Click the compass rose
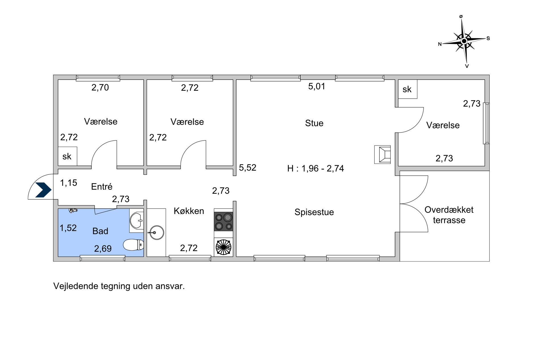(464, 41)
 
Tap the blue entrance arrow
(43, 190)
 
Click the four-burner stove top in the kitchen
(223, 222)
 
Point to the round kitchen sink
(156, 233)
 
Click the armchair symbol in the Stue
(383, 155)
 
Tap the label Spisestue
(314, 212)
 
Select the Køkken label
(189, 211)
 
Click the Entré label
(101, 186)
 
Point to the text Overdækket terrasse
(449, 215)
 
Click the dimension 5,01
(317, 86)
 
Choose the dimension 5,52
(248, 168)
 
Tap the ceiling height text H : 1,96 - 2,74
(315, 168)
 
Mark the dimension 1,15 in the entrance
(68, 183)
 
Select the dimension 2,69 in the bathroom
(103, 249)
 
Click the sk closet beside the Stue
(408, 89)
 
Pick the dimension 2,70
(100, 88)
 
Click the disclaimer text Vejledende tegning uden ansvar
(119, 286)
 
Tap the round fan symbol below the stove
(223, 247)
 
